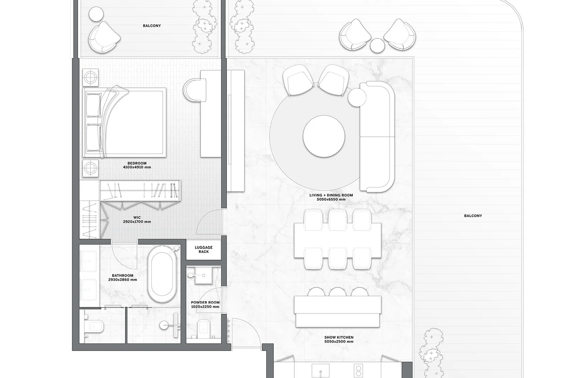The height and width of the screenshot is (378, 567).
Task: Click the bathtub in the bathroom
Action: point(162,274)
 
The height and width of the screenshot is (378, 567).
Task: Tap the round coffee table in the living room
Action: point(324,136)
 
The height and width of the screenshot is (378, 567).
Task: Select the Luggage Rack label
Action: point(203,249)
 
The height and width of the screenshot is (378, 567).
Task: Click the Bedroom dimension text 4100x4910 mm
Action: point(137,167)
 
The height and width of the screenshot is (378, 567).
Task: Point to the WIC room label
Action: point(137,217)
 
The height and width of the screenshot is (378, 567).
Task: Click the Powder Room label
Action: point(205,302)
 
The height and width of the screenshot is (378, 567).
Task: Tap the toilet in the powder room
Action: point(203,328)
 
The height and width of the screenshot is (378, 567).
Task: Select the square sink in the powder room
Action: point(203,275)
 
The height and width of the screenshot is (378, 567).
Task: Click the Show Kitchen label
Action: point(339,337)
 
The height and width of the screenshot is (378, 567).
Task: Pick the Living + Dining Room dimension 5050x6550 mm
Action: point(331,199)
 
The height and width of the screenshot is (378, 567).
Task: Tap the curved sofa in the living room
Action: point(377,137)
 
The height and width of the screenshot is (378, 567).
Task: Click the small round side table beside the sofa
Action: point(357,97)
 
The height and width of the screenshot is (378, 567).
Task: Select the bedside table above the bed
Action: point(90,77)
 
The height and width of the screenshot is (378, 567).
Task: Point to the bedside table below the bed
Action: point(90,168)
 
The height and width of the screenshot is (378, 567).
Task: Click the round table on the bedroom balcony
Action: point(96,14)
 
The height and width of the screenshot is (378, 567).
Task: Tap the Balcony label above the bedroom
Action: point(152,26)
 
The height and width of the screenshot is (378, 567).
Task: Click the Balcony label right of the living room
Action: point(473,216)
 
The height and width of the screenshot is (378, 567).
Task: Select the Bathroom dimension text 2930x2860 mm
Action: point(123,280)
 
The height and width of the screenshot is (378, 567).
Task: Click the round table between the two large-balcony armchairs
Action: point(377,46)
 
